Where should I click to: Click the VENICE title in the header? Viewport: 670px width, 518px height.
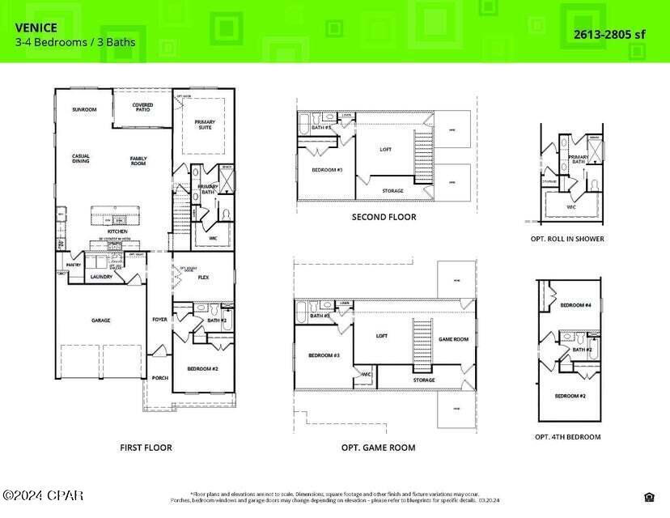point(36,28)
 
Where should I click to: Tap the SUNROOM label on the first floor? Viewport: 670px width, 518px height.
point(84,109)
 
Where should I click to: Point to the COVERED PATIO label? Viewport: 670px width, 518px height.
point(143,107)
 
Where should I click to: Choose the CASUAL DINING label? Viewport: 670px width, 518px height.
point(81,159)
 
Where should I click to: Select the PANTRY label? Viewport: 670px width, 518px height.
point(74,264)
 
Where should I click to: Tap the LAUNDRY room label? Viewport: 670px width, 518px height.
point(101,277)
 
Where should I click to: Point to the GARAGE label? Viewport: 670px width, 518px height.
point(101,320)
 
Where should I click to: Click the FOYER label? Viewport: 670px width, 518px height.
point(159,320)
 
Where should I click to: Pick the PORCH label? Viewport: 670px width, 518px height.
point(159,377)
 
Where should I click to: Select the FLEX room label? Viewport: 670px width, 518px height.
point(204,278)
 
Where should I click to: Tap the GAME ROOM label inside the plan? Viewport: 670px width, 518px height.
point(453,340)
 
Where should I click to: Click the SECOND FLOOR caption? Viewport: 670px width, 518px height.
point(384,217)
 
